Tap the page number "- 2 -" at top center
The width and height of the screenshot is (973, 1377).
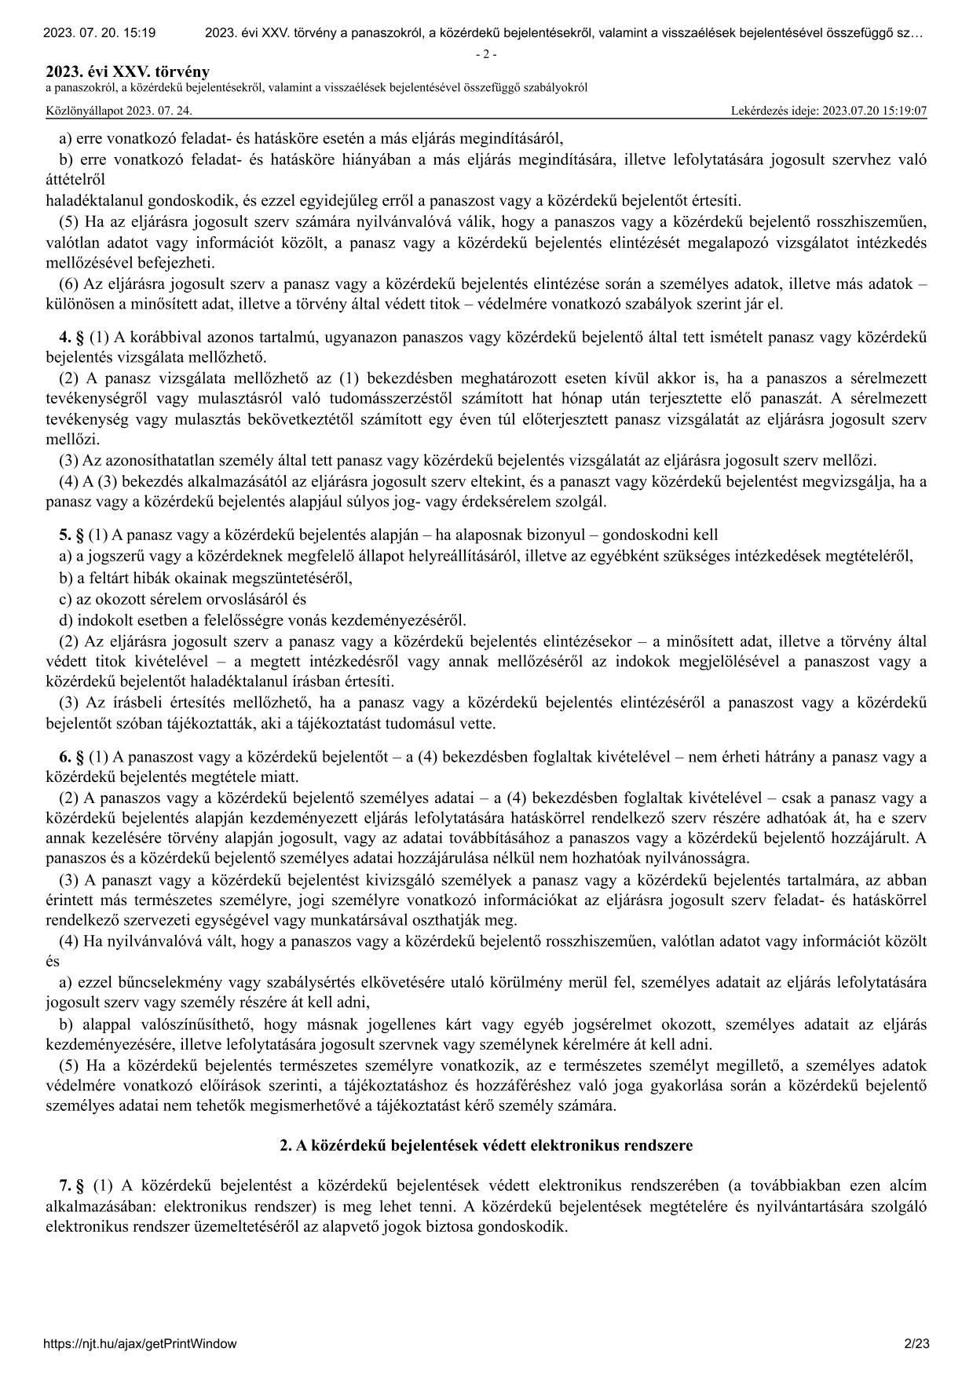pyautogui.click(x=487, y=54)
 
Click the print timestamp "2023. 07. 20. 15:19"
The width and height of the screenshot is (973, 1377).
pyautogui.click(x=99, y=33)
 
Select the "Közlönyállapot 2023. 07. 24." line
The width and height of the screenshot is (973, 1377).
pyautogui.click(x=119, y=111)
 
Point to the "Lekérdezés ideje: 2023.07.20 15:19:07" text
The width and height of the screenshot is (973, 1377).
pyautogui.click(x=829, y=111)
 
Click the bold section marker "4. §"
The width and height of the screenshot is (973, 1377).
pyautogui.click(x=71, y=338)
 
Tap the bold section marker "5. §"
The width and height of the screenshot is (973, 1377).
pyautogui.click(x=71, y=535)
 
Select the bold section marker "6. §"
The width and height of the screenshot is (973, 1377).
pyautogui.click(x=71, y=758)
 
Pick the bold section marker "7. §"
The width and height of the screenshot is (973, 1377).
pyautogui.click(x=71, y=1185)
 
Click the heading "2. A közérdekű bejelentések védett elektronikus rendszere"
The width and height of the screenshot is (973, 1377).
pyautogui.click(x=486, y=1145)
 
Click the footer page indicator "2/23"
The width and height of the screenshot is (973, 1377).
pyautogui.click(x=916, y=1343)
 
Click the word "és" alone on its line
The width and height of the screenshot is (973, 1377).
pyautogui.click(x=53, y=961)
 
